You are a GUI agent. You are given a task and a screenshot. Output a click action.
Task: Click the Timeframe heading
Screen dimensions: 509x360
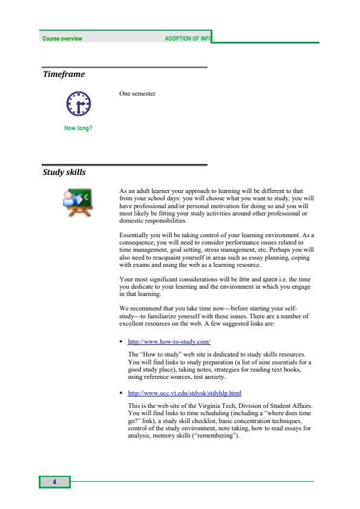tap(64, 74)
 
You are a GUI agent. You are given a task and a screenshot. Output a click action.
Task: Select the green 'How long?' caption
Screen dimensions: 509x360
tap(78, 128)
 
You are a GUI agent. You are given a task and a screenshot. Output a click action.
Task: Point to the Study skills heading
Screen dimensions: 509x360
tap(64, 172)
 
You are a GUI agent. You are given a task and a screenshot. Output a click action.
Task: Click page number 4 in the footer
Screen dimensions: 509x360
tap(54, 482)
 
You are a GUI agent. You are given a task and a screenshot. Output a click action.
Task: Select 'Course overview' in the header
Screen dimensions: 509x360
tap(62, 39)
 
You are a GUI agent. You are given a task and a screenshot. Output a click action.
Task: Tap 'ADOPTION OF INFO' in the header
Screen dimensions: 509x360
tap(188, 39)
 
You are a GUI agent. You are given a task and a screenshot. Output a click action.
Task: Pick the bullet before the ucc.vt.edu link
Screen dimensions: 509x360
tap(122, 393)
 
